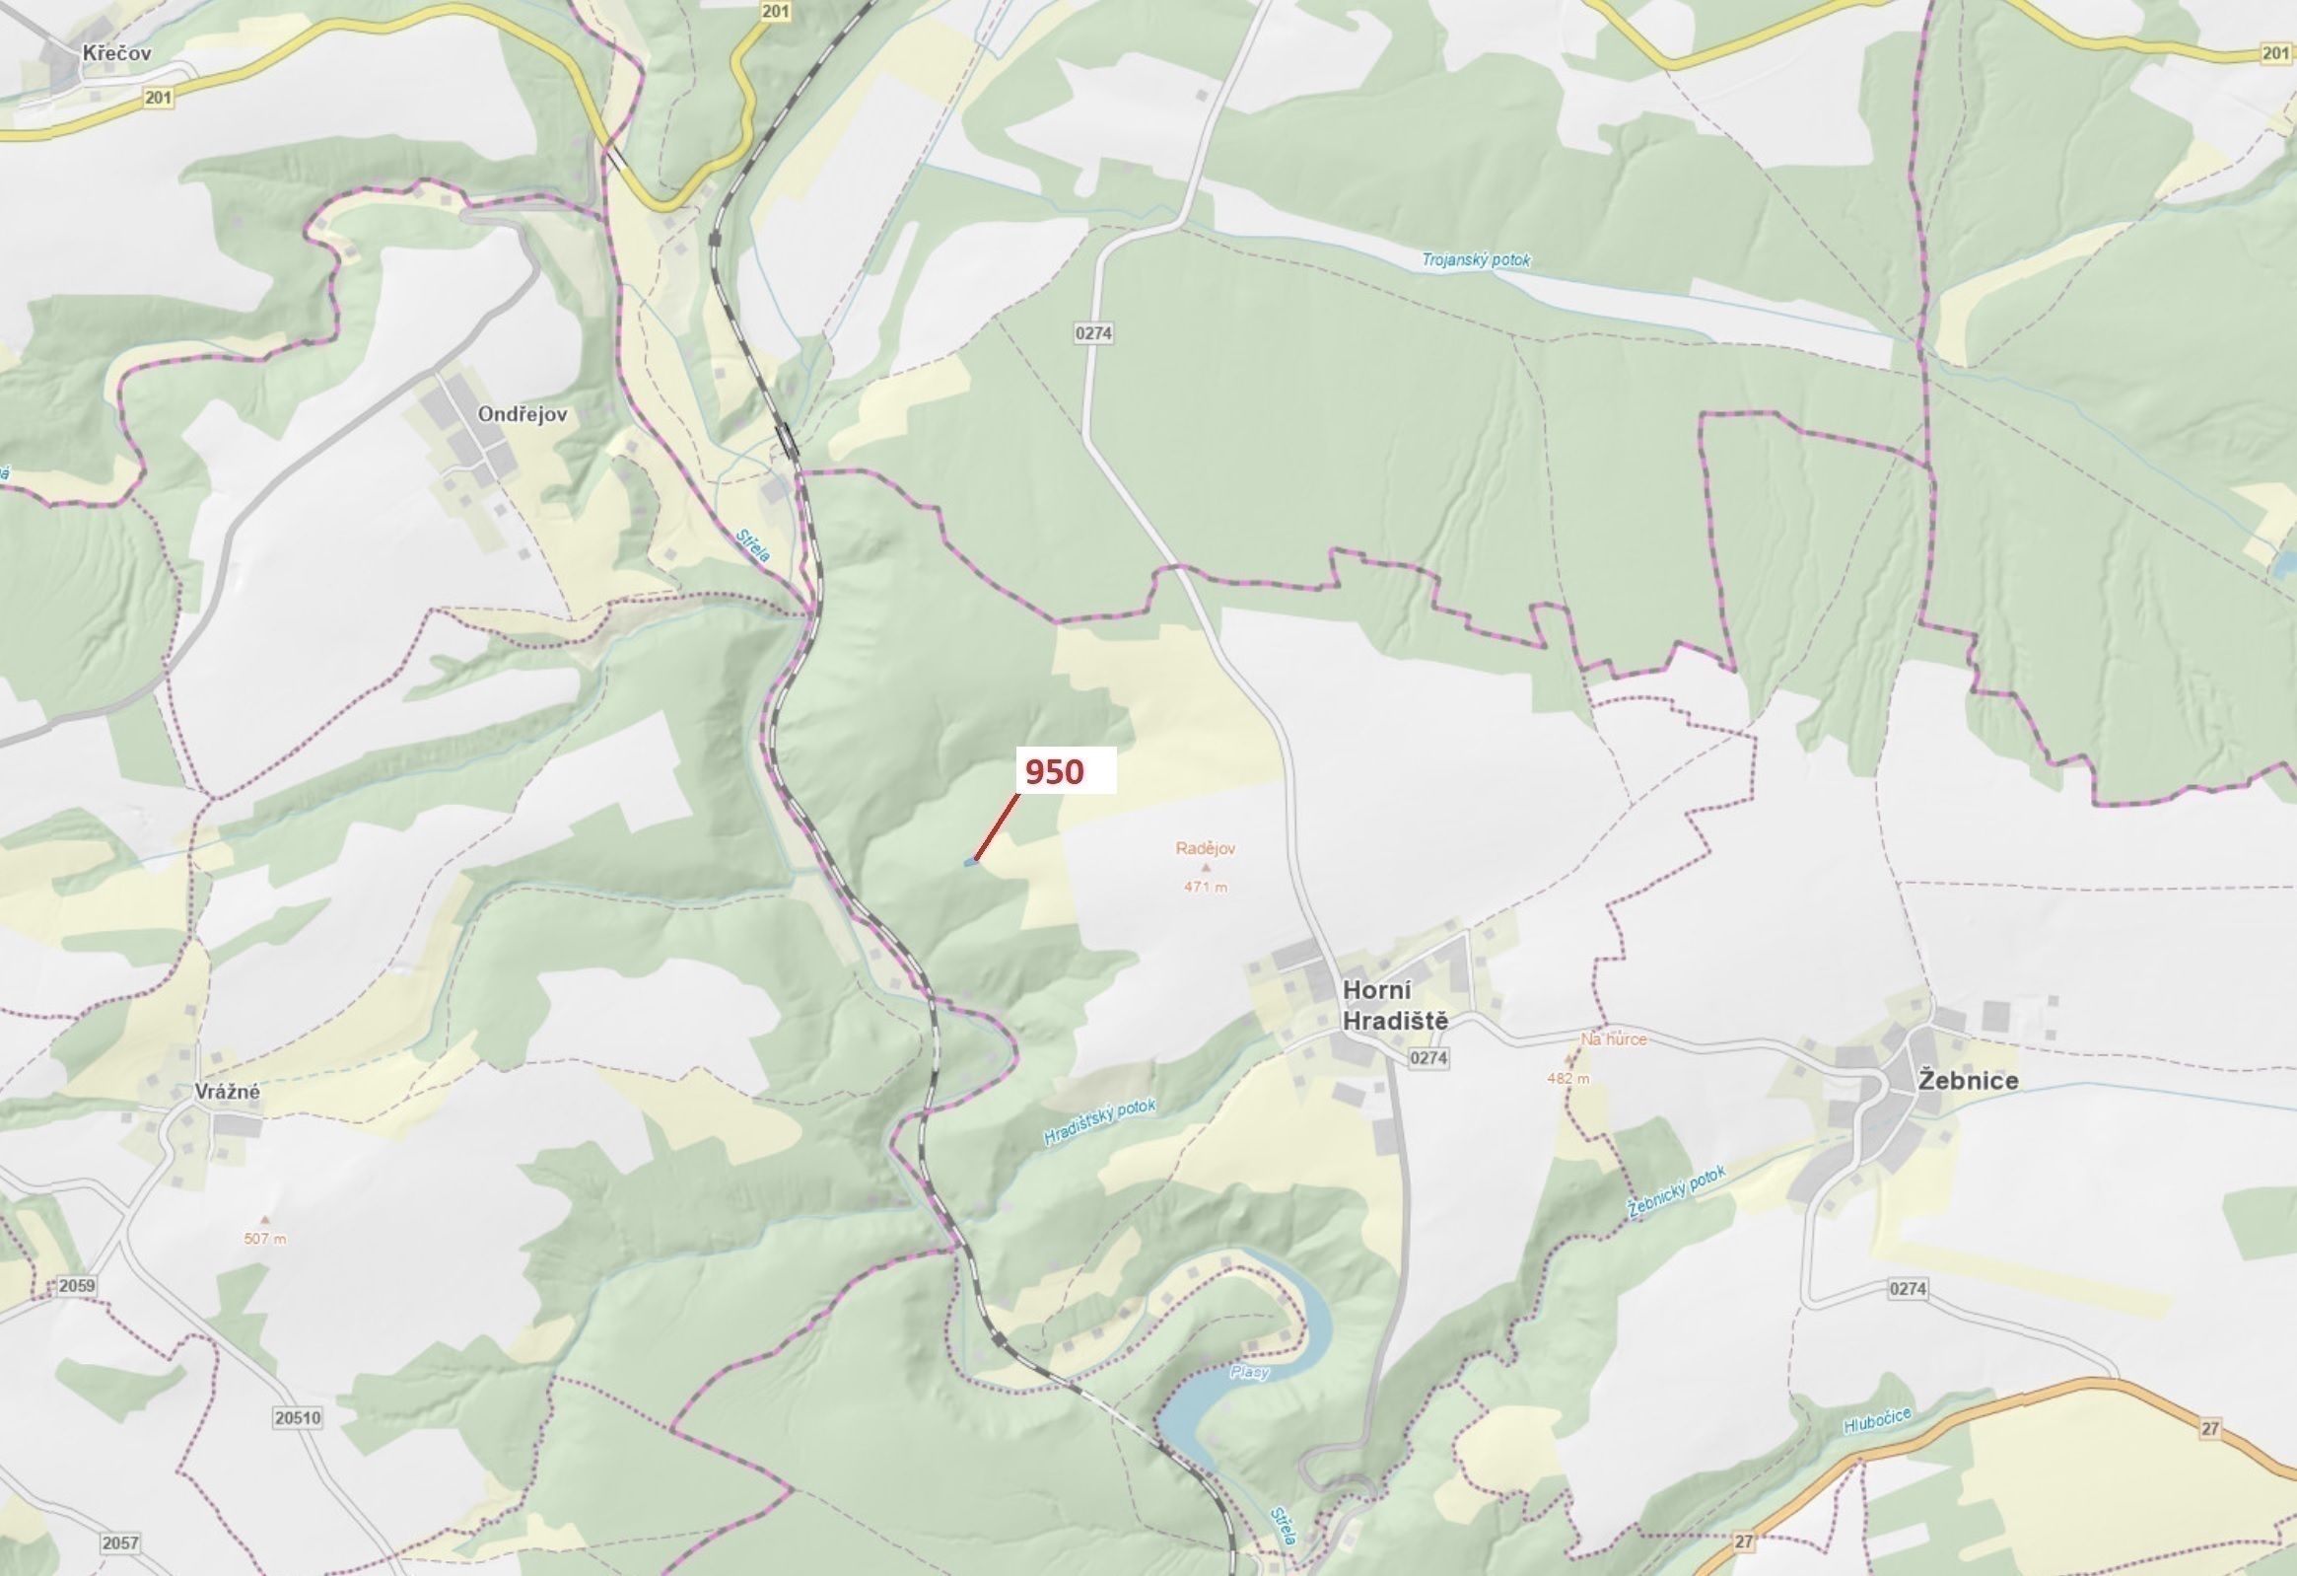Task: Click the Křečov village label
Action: coord(116,53)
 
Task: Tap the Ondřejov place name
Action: coord(522,414)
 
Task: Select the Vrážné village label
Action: coord(228,1092)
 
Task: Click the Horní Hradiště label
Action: coord(1395,1006)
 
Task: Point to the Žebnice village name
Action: coord(1968,1081)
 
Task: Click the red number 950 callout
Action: coord(1055,771)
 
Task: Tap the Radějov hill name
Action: coord(1205,848)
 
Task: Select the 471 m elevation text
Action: coord(1205,887)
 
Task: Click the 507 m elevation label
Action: coord(265,1239)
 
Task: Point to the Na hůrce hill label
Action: coord(1613,1039)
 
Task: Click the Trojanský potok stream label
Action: coord(1475,260)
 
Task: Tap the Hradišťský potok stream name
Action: coord(1099,1123)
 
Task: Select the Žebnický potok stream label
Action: coord(1676,1191)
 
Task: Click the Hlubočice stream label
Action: coord(1877,1420)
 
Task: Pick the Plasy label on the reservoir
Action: coord(1249,1372)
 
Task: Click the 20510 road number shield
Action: coord(298,1418)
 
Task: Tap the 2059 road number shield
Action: coord(76,1285)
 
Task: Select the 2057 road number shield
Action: coord(119,1542)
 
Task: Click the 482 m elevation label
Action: coord(1567,1078)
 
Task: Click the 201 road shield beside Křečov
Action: coord(157,97)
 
